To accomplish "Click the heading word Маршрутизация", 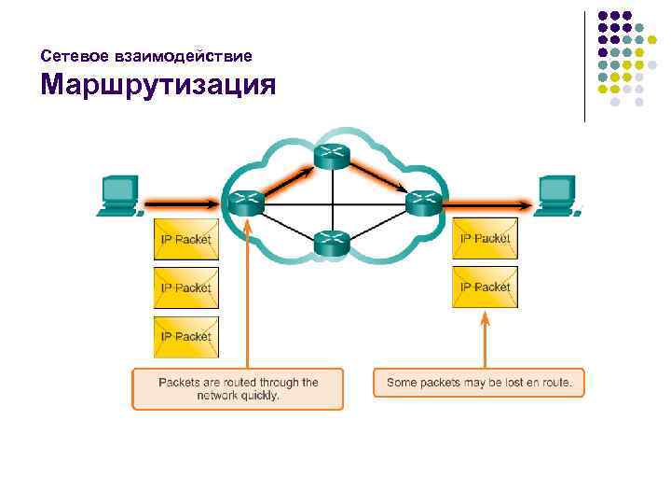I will [x=158, y=86].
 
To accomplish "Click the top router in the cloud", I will [x=331, y=157].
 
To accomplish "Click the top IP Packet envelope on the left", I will [x=186, y=239].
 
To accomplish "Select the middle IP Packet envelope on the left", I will [x=186, y=287].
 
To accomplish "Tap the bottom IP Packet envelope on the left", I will [x=186, y=336].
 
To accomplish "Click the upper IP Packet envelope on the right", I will [x=485, y=239].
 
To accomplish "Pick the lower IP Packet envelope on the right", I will [x=485, y=287].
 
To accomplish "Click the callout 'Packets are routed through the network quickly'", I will [x=238, y=388].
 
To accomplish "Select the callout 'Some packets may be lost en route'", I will [x=479, y=383].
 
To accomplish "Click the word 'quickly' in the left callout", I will [x=260, y=395].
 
